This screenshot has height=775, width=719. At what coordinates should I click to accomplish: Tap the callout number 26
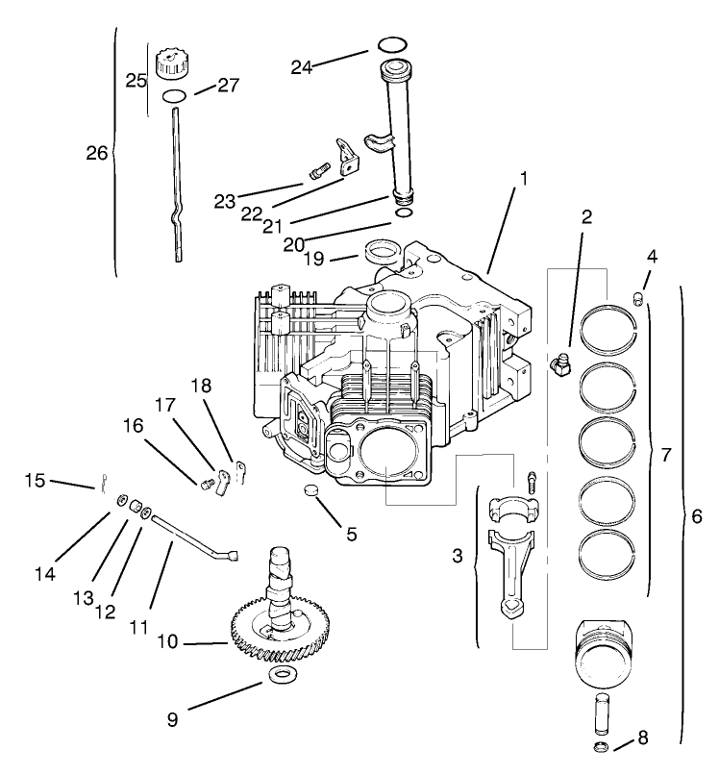97,153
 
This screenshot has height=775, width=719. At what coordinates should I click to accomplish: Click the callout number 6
697,516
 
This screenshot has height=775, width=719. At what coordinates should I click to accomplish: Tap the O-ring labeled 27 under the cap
173,96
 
